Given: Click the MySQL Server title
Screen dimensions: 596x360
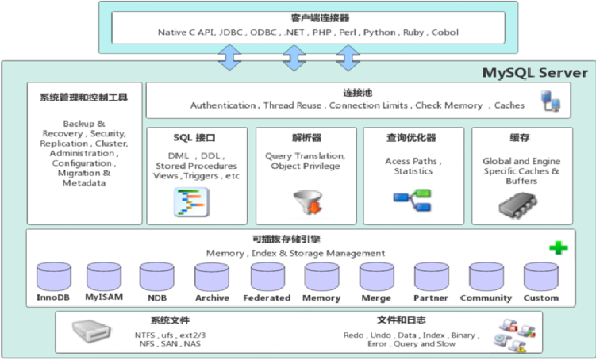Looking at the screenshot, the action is pyautogui.click(x=535, y=72).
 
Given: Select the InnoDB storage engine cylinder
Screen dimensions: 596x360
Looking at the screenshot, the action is pyautogui.click(x=54, y=277).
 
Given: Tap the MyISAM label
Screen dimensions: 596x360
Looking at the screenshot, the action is pyautogui.click(x=104, y=297).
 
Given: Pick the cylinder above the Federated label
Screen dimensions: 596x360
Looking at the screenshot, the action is pyautogui.click(x=267, y=277).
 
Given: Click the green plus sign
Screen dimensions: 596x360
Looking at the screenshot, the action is pyautogui.click(x=559, y=248).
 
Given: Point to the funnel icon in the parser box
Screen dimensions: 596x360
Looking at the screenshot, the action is pyautogui.click(x=308, y=201).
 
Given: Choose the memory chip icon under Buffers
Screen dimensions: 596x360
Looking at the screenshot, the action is pyautogui.click(x=517, y=205).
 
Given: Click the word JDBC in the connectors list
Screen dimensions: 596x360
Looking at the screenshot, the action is pyautogui.click(x=231, y=33).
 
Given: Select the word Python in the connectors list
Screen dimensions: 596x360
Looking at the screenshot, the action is pyautogui.click(x=379, y=33).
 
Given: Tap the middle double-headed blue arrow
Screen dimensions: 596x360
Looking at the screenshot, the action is pyautogui.click(x=294, y=58).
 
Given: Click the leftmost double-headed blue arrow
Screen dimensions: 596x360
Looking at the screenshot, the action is pyautogui.click(x=229, y=58).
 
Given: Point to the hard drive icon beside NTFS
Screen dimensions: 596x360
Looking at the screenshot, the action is pyautogui.click(x=91, y=331).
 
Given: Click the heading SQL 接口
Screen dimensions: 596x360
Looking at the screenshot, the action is pyautogui.click(x=194, y=138).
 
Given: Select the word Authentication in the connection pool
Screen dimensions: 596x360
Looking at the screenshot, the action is pyautogui.click(x=223, y=105).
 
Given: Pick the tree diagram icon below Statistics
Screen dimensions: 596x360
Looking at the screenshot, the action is pyautogui.click(x=412, y=200).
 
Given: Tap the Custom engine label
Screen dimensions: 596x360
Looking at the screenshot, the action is pyautogui.click(x=541, y=297).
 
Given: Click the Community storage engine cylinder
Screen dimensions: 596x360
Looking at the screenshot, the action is pyautogui.click(x=486, y=277).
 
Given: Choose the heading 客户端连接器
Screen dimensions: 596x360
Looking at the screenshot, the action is pyautogui.click(x=320, y=18).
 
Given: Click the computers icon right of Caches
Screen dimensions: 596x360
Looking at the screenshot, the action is pyautogui.click(x=551, y=101).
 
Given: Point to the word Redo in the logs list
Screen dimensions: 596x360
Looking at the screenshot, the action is pyautogui.click(x=353, y=335).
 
